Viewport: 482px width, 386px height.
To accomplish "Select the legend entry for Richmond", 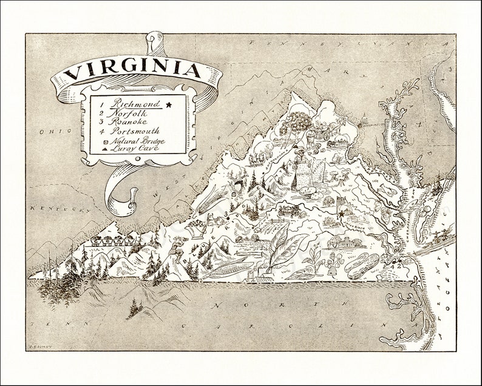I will click(131, 104).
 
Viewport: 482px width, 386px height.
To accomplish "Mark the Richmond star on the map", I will click(342, 214).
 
